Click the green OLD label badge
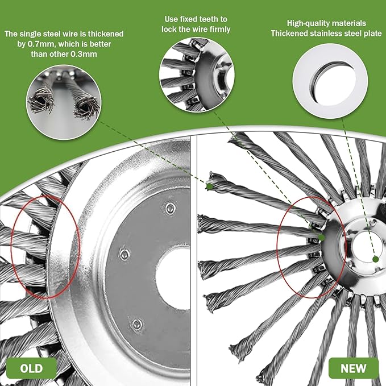[x=31, y=368]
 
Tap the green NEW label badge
[x=354, y=368]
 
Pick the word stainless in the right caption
[x=324, y=34]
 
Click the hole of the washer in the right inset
[x=334, y=82]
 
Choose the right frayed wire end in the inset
[x=86, y=107]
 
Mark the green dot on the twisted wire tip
[x=210, y=186]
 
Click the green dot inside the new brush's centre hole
[x=375, y=259]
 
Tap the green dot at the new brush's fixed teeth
[x=321, y=237]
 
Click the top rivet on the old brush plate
[x=171, y=208]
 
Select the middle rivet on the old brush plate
[x=125, y=254]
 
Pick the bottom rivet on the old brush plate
[x=137, y=325]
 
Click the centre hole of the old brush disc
[x=173, y=278]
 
